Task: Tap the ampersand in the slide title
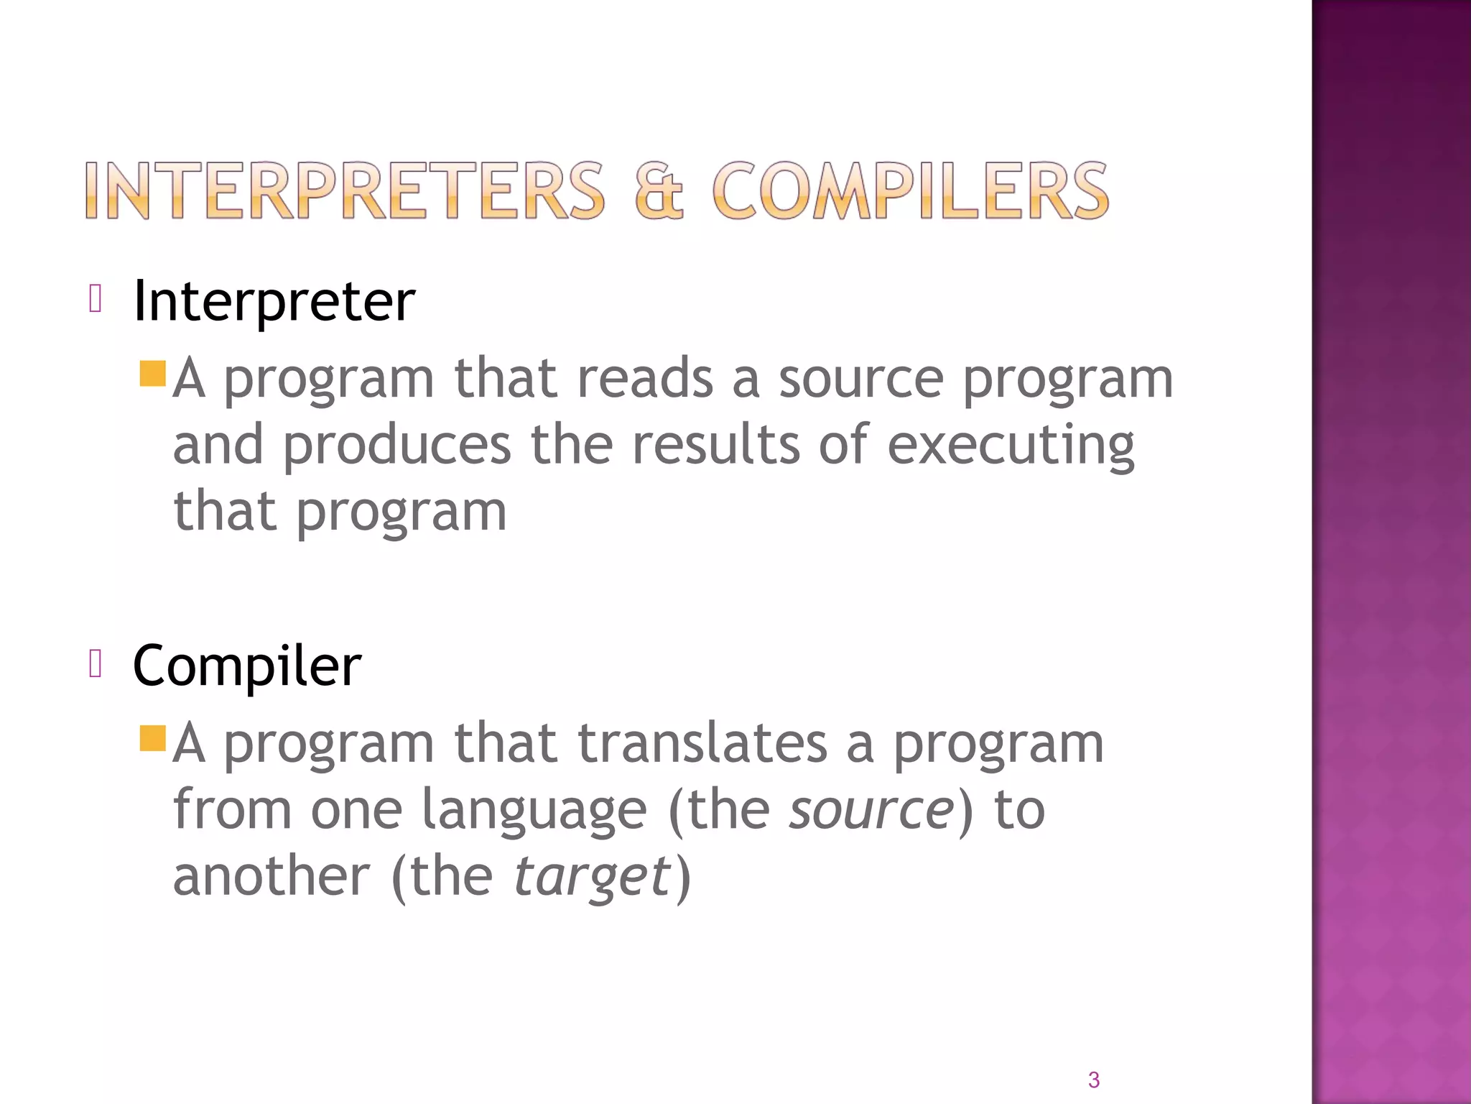659,190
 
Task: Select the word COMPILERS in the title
911,190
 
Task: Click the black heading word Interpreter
274,300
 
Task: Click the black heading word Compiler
246,666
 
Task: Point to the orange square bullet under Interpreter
153,374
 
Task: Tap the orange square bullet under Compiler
153,738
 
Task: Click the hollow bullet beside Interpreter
96,298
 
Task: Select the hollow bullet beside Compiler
96,663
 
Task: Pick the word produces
396,446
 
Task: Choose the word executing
1011,446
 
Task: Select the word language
534,811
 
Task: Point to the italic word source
871,811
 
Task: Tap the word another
272,877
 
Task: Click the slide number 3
1093,1080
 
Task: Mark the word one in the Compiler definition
356,811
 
